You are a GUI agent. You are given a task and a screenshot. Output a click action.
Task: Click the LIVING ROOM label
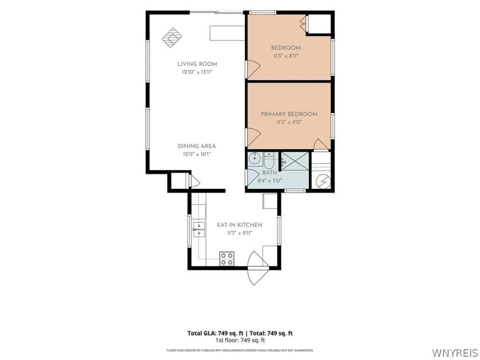point(197,64)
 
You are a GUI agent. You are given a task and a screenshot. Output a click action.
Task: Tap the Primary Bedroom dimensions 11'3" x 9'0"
point(289,122)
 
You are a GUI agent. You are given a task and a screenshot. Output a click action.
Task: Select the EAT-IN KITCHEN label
point(240,225)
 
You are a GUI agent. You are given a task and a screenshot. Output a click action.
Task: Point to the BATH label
point(269,173)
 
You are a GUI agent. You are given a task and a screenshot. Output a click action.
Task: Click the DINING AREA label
point(197,146)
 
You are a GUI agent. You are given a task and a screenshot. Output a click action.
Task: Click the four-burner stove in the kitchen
point(227,259)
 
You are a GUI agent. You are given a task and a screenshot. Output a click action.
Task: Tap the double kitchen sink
point(199,230)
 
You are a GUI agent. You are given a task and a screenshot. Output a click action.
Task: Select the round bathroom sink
point(254,159)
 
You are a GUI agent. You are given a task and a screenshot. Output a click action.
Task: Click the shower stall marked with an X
point(295,161)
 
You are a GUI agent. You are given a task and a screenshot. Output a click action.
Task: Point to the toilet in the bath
point(269,160)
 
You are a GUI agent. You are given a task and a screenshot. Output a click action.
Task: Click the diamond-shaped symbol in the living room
point(172,37)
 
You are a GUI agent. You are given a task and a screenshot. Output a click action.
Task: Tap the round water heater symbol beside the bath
point(323,181)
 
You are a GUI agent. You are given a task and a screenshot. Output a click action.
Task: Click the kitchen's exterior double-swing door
point(258,268)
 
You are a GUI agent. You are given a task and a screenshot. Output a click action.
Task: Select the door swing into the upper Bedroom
point(253,69)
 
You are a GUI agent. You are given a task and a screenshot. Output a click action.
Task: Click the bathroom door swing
point(253,178)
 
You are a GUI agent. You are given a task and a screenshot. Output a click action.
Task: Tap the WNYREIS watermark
point(455,352)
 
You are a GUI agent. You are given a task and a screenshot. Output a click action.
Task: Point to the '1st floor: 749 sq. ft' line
point(240,340)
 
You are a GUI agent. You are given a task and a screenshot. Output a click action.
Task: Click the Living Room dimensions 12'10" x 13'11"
point(197,72)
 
